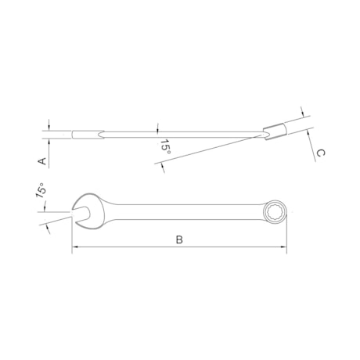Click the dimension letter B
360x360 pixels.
point(179,239)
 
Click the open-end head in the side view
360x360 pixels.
point(85,135)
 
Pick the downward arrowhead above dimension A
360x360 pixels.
point(49,128)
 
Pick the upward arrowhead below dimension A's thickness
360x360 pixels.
point(49,142)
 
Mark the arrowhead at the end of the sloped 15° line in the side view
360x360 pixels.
point(160,163)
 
